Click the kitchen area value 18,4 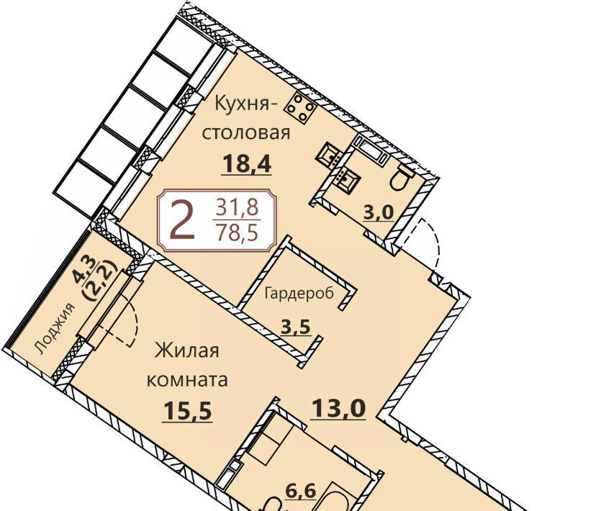click(x=246, y=164)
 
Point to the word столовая click(x=245, y=133)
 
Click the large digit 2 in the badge click(x=181, y=220)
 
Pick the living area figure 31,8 click(x=238, y=208)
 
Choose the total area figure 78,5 click(x=237, y=232)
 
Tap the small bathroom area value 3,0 click(x=379, y=212)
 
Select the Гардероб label click(x=299, y=293)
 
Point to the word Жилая click(x=186, y=351)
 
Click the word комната click(x=187, y=380)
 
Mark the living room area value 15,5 click(x=187, y=412)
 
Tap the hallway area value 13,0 click(x=338, y=408)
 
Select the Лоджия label click(x=55, y=327)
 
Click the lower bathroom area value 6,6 click(x=302, y=491)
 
